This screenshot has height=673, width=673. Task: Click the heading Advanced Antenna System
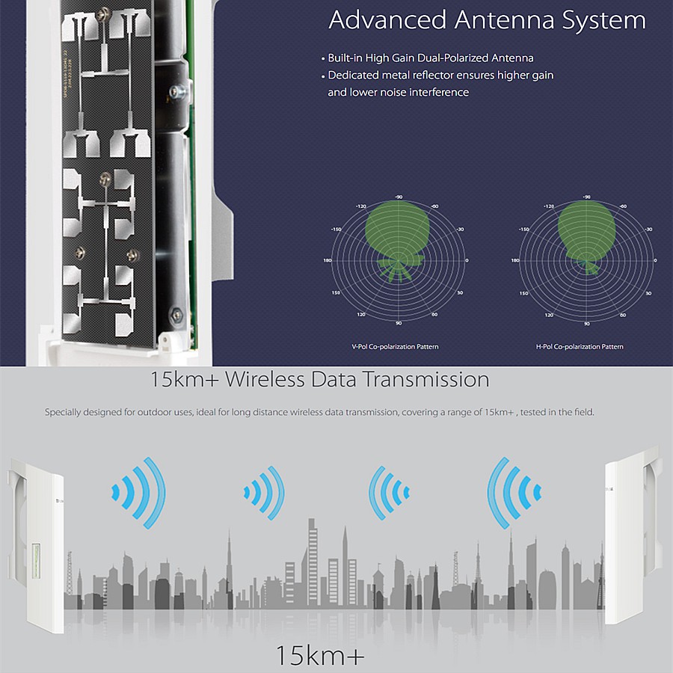(x=487, y=21)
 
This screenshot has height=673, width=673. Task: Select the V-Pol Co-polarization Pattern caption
(x=395, y=347)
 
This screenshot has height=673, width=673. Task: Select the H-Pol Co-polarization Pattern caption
(x=580, y=347)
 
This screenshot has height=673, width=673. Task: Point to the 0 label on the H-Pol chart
(x=656, y=260)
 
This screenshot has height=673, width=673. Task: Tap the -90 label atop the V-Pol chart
(x=399, y=197)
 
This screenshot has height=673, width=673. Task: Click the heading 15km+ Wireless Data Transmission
(x=320, y=379)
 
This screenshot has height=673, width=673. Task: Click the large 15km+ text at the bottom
(x=320, y=656)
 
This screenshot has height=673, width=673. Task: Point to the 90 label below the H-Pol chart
(x=586, y=324)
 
